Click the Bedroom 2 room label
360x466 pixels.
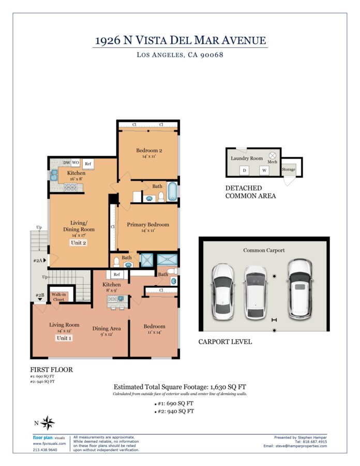click(x=149, y=150)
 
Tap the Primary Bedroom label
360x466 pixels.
click(x=148, y=225)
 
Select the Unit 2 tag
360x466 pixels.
click(x=78, y=242)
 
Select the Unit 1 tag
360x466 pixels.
click(x=64, y=338)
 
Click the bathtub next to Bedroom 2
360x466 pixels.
click(x=172, y=192)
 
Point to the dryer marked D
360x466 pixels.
click(x=244, y=170)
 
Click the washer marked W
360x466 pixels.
click(x=264, y=170)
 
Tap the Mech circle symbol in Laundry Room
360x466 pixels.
click(x=273, y=155)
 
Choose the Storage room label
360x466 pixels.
click(x=289, y=169)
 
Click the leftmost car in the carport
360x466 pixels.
click(x=222, y=292)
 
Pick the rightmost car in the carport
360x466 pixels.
click(x=300, y=289)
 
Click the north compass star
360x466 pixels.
click(x=48, y=423)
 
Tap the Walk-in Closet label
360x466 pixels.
click(x=58, y=297)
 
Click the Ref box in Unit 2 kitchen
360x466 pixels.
click(x=88, y=164)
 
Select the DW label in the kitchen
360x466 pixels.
click(x=67, y=163)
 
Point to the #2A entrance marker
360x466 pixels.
click(x=40, y=260)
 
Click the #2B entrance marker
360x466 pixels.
click(x=40, y=296)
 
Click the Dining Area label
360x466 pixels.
click(x=107, y=328)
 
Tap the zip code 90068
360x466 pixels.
click(x=212, y=55)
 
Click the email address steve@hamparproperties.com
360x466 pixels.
click(x=301, y=446)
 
